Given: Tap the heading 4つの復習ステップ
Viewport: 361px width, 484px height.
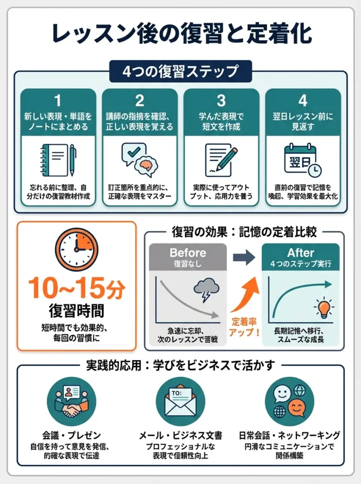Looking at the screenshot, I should click(x=180, y=72).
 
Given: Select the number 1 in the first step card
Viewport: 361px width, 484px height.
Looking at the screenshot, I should click(x=58, y=101).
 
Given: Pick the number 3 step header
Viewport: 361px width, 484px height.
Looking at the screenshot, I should click(x=221, y=101).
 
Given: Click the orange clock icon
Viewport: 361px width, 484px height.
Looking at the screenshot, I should click(x=76, y=250).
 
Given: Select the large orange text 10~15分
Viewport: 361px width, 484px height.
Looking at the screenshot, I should click(x=76, y=288).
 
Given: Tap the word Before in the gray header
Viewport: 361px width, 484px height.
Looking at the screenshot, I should click(x=187, y=253).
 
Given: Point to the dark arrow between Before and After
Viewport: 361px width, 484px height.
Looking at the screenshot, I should click(x=244, y=257).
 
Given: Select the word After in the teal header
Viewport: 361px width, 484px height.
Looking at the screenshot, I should click(x=301, y=253).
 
